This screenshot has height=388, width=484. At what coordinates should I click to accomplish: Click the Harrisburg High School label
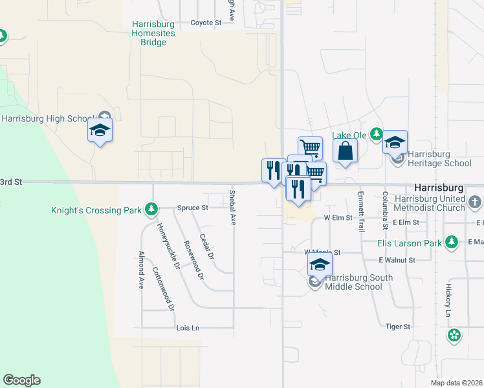(x=49, y=118)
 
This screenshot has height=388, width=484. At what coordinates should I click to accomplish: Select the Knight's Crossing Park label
(x=97, y=210)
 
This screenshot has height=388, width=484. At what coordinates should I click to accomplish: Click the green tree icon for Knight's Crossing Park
(x=151, y=209)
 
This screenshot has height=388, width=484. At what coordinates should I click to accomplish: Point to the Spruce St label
(x=193, y=208)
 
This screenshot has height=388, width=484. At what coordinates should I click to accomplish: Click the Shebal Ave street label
(x=232, y=208)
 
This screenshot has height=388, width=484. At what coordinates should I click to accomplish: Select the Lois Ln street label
(x=188, y=329)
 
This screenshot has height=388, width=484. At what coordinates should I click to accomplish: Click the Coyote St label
(x=206, y=23)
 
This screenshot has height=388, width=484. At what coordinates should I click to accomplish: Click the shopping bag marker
(x=346, y=151)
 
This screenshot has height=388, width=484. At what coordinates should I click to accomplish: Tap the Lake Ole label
(x=349, y=135)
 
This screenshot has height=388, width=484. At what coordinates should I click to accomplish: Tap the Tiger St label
(x=398, y=327)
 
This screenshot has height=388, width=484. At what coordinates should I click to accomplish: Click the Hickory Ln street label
(x=448, y=300)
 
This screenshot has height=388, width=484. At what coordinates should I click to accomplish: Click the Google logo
(x=21, y=380)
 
